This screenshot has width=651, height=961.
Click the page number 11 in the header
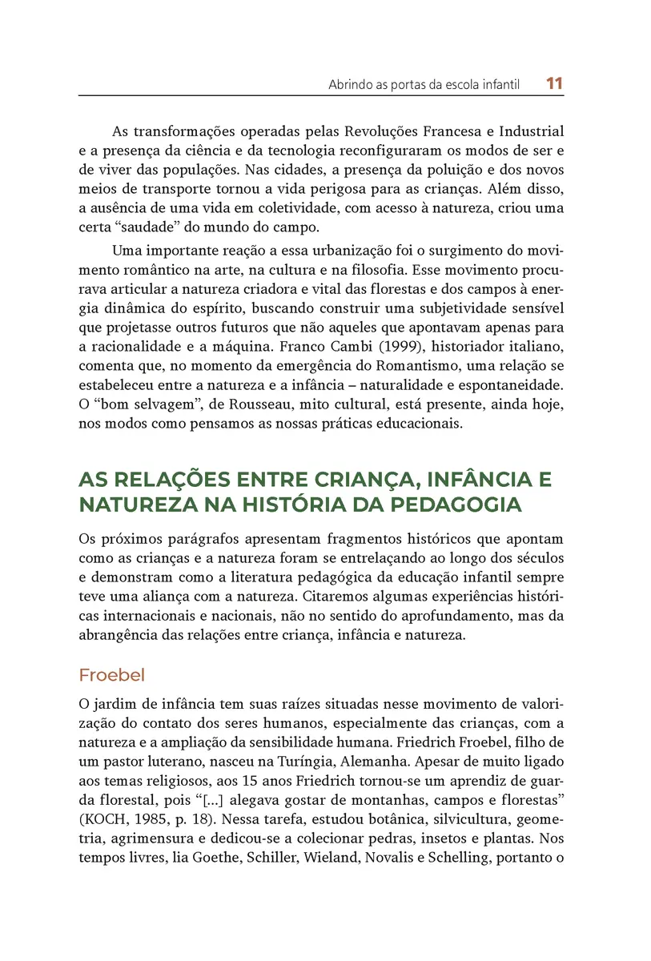[555, 83]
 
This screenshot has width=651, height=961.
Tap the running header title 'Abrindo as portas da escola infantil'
[424, 84]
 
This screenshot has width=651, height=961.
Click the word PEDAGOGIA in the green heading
[447, 505]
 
